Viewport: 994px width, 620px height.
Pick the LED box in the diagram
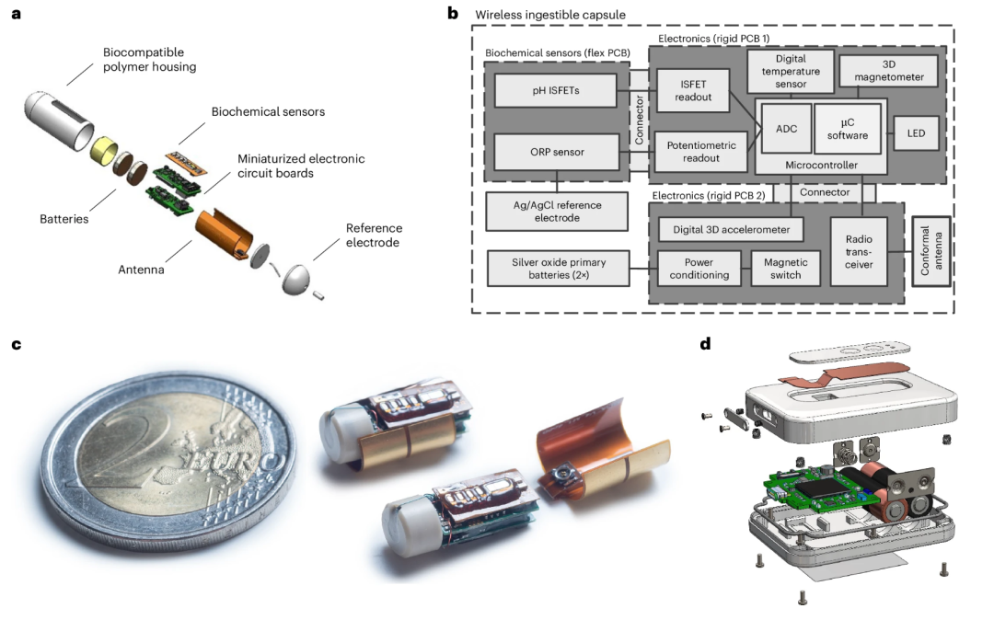pos(917,133)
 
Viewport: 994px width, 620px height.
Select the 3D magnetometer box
pos(888,70)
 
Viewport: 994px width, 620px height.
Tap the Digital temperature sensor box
pos(791,70)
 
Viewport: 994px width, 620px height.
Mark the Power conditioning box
pos(700,268)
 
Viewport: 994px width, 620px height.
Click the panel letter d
pos(705,344)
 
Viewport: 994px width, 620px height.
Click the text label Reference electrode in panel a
pos(374,235)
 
